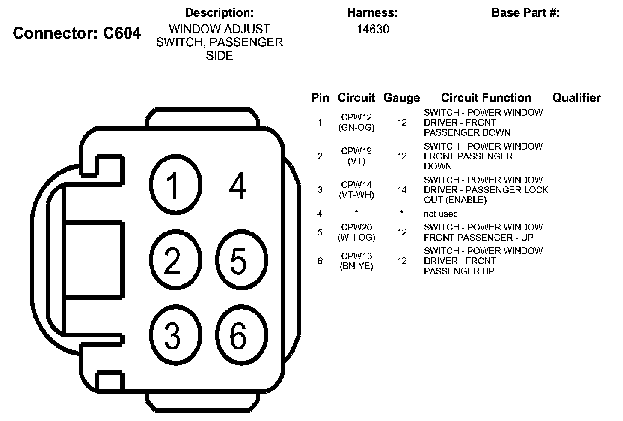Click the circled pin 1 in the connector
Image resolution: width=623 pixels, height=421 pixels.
[175, 185]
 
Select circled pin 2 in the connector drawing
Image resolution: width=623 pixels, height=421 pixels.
[175, 260]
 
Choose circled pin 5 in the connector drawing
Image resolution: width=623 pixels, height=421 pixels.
[241, 260]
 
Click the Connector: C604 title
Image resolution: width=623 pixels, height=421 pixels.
[77, 33]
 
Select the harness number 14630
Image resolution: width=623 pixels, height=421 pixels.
[373, 30]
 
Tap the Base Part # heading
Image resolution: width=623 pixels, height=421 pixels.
[525, 13]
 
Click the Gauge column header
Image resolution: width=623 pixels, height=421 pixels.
[401, 98]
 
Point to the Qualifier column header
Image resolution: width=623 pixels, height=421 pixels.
[576, 98]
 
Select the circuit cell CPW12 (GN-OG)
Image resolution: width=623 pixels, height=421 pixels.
[356, 122]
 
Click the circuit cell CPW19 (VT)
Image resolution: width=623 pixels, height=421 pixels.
[356, 156]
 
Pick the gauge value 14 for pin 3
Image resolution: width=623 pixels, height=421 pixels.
[402, 190]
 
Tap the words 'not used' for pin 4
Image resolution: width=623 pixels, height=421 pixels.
[441, 214]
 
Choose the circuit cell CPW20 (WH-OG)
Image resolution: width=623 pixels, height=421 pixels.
[356, 232]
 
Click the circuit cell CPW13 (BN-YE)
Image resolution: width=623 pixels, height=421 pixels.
[356, 261]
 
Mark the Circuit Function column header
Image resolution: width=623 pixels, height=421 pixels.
[486, 98]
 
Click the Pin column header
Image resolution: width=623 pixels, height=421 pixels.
[320, 98]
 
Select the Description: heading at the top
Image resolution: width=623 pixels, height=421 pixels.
[219, 13]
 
